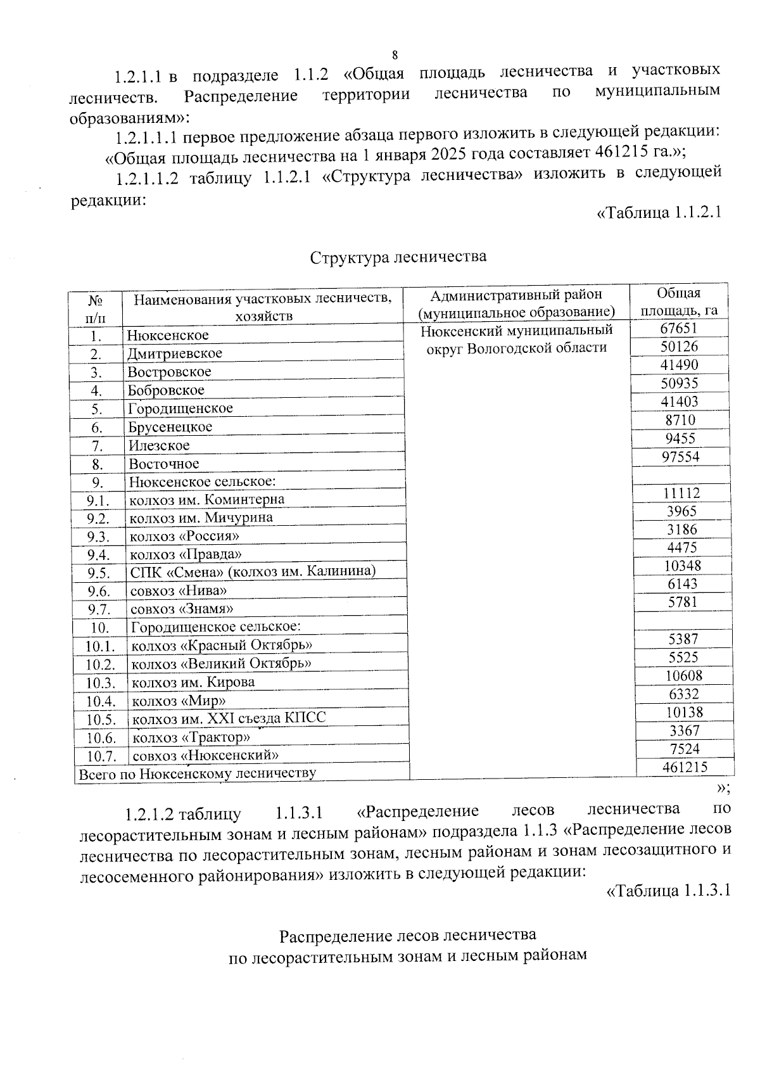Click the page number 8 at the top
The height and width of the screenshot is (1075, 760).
(x=395, y=54)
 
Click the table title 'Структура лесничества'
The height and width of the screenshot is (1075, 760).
(x=398, y=257)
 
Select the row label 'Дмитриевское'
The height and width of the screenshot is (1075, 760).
(x=175, y=353)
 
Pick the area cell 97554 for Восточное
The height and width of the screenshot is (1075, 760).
(x=681, y=457)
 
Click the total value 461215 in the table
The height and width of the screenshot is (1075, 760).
(x=685, y=767)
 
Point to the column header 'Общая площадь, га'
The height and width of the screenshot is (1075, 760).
(x=678, y=302)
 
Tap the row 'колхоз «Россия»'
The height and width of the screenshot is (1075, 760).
(x=184, y=537)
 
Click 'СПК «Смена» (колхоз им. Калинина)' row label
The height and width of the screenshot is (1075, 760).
(x=253, y=572)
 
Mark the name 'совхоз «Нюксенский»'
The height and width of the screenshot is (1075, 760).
(x=205, y=755)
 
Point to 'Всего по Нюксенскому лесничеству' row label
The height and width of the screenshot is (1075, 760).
(x=196, y=773)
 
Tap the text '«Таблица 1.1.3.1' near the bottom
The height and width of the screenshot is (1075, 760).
(x=668, y=891)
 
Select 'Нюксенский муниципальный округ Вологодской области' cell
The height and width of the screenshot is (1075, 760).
(x=517, y=339)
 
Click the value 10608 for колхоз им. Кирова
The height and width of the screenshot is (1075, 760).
(x=683, y=676)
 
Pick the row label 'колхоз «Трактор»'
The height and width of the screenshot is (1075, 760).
(x=191, y=737)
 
